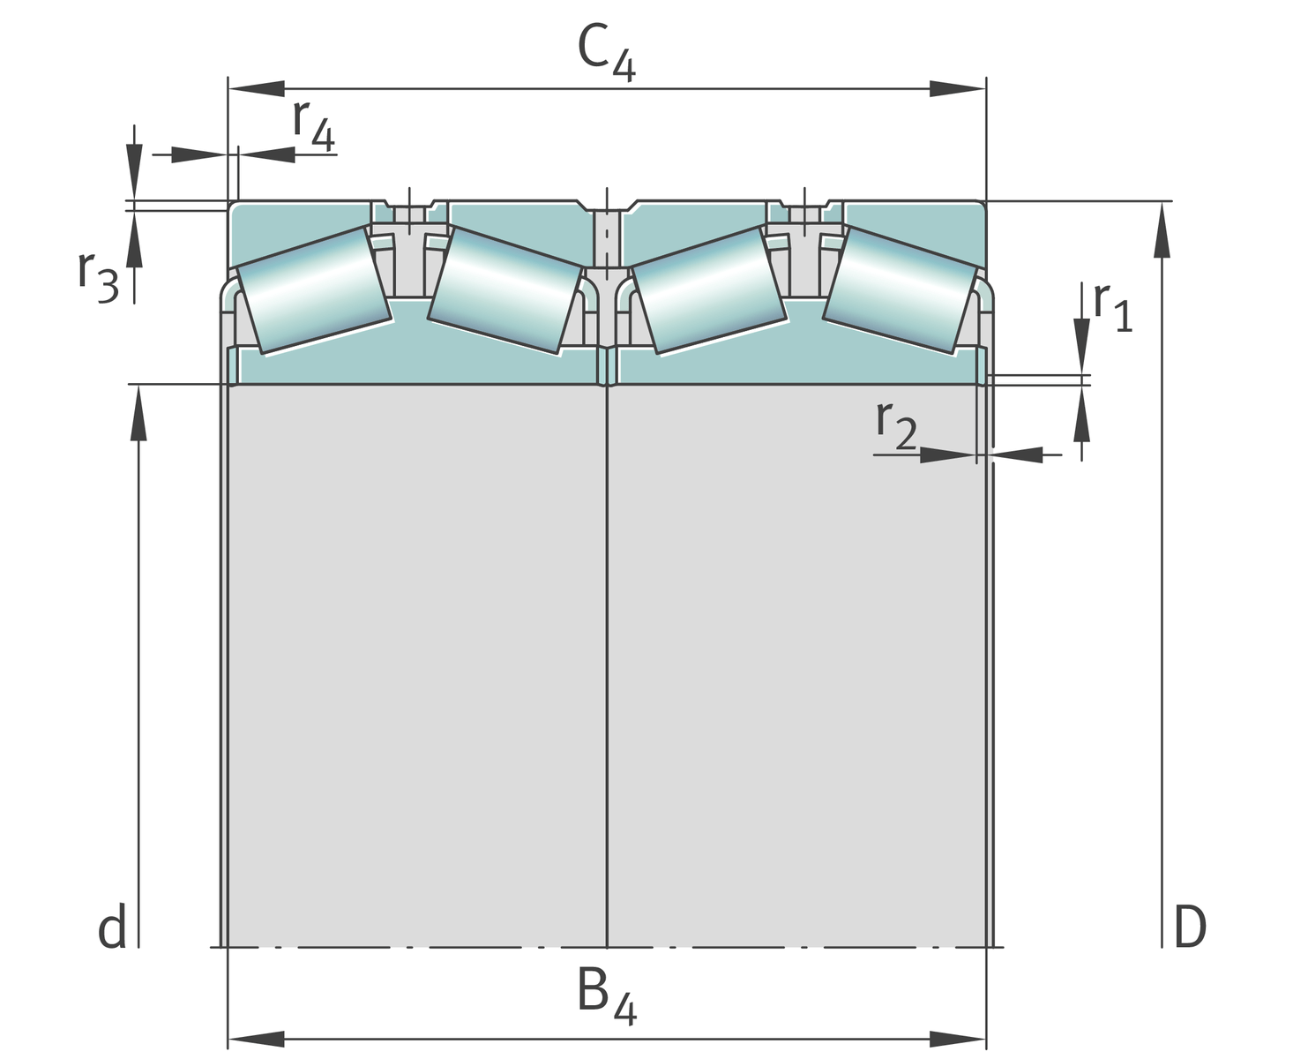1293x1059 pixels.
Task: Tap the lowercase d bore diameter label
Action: tap(112, 928)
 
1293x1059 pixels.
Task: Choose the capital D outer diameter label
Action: tap(1189, 928)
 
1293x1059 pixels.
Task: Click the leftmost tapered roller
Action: tap(314, 290)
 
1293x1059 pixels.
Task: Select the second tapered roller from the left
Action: tap(505, 290)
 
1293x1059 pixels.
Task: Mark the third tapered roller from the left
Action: tap(709, 290)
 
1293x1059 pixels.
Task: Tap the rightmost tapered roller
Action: tap(901, 290)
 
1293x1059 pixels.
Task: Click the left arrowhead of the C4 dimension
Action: tap(256, 89)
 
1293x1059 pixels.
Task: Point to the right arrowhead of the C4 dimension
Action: tap(958, 89)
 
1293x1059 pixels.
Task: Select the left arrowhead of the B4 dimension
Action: tap(256, 1039)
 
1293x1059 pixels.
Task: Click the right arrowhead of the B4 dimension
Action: tap(958, 1039)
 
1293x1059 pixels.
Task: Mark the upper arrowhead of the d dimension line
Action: tap(138, 413)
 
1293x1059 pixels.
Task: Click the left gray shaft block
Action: tap(416, 662)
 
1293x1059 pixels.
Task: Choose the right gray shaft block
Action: tap(796, 662)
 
